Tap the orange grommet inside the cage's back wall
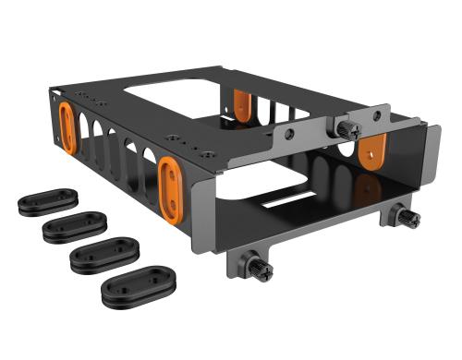click(x=243, y=105)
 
